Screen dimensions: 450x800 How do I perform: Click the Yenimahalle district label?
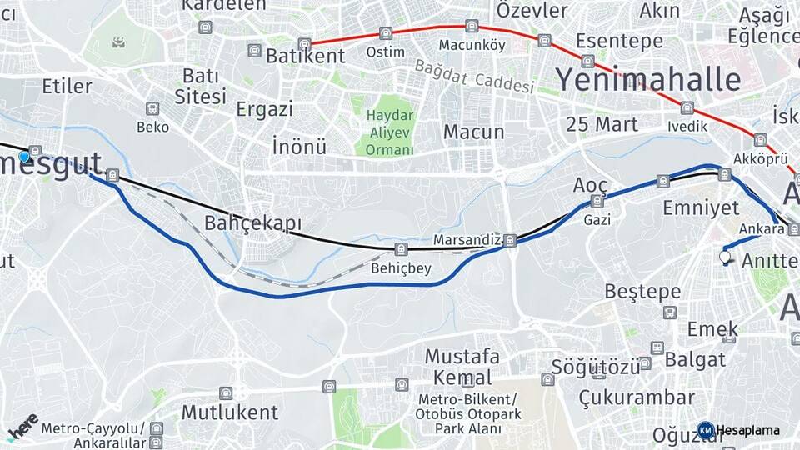click(x=647, y=79)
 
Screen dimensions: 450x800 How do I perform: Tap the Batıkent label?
click(x=305, y=57)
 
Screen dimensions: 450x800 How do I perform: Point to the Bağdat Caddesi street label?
click(x=472, y=77)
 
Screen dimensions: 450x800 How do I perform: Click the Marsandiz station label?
click(x=467, y=240)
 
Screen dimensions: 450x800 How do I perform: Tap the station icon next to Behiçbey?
click(x=402, y=249)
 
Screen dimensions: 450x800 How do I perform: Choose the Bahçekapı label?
click(x=252, y=223)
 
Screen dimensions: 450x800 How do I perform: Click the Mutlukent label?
click(x=229, y=412)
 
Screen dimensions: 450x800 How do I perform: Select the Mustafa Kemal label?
click(x=462, y=366)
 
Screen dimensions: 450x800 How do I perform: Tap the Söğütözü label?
click(x=590, y=367)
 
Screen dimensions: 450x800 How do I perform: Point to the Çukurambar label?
click(x=637, y=397)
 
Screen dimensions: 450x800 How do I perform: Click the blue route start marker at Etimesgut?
click(x=24, y=156)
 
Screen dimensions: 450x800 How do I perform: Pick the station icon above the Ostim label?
click(x=385, y=33)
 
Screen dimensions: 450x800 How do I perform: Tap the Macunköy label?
click(x=472, y=45)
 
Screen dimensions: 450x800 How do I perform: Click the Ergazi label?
click(x=264, y=109)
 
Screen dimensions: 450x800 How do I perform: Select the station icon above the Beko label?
click(x=152, y=109)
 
